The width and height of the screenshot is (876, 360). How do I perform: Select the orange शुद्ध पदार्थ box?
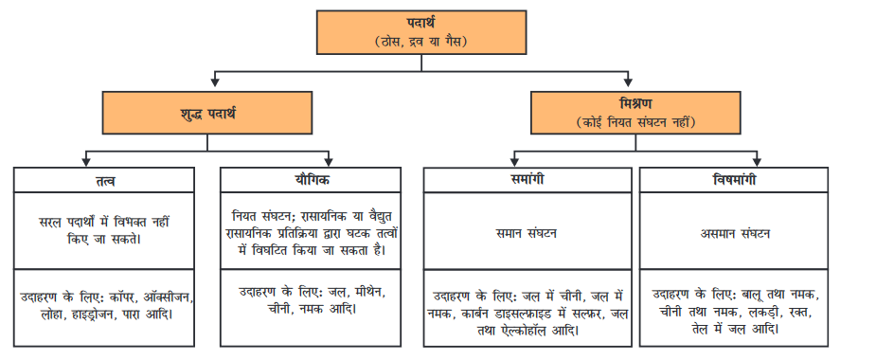tap(206, 114)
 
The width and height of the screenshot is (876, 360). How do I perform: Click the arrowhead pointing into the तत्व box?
tap(87, 162)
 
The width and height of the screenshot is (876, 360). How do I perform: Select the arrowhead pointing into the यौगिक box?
tap(329, 162)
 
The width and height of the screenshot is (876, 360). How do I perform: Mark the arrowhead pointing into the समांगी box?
tap(515, 162)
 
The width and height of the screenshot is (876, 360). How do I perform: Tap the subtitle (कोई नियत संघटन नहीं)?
tap(635, 122)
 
